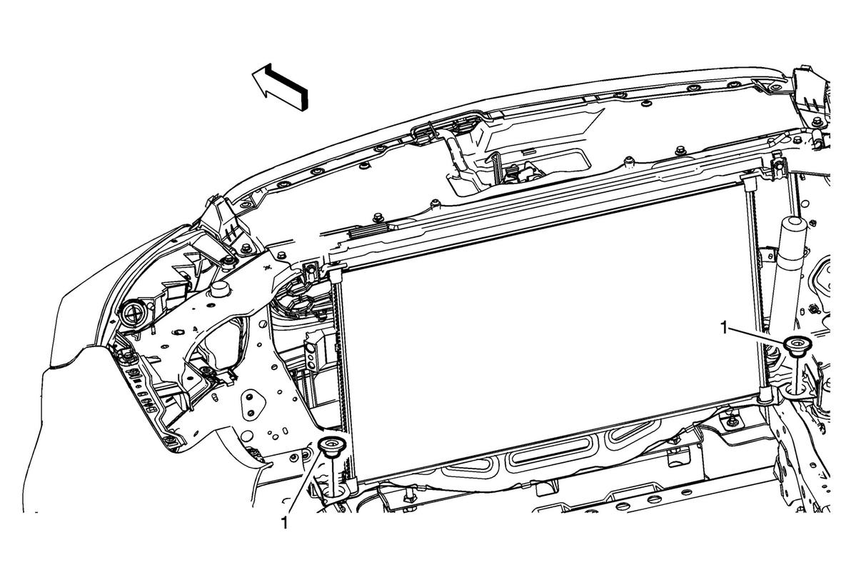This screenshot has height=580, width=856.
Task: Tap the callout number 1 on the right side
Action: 725,328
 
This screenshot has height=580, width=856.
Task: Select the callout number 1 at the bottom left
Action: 284,522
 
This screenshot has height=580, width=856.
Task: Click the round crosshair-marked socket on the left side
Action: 134,314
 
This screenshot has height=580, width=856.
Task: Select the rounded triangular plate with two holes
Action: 253,403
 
